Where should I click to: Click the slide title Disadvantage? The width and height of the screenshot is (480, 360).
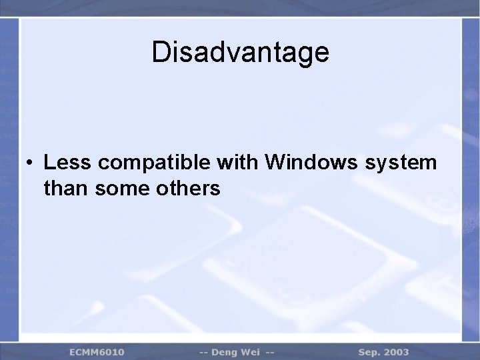240,52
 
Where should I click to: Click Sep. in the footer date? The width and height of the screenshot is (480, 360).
371,351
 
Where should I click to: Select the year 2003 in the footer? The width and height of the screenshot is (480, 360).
398,351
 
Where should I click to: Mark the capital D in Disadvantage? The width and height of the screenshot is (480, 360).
160,52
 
